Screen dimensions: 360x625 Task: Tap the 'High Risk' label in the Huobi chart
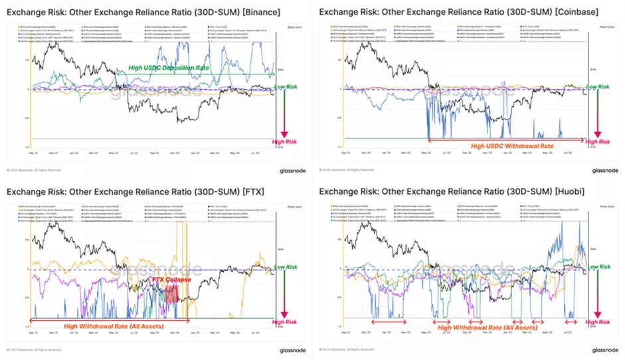598,321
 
